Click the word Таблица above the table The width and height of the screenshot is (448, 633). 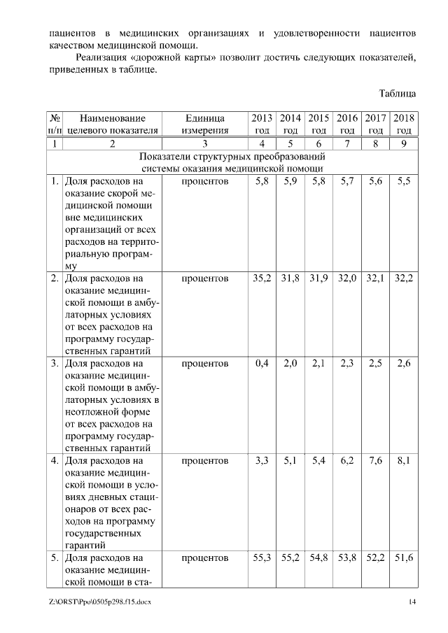pos(397,93)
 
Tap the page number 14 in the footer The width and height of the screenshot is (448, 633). pos(412,602)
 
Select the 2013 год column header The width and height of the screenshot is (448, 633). pos(261,124)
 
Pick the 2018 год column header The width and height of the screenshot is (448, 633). pos(404,124)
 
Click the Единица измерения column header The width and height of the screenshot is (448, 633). pos(205,124)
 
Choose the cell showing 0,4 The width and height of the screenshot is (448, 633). pos(262,363)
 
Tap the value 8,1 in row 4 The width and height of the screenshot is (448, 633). pos(403,461)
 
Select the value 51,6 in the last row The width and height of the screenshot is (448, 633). pos(404,558)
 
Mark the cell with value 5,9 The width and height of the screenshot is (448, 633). pos(290,181)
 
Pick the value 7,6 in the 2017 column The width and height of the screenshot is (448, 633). pos(375,461)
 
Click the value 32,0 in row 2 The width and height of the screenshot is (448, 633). pos(347,278)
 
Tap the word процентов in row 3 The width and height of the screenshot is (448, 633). pos(205,364)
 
